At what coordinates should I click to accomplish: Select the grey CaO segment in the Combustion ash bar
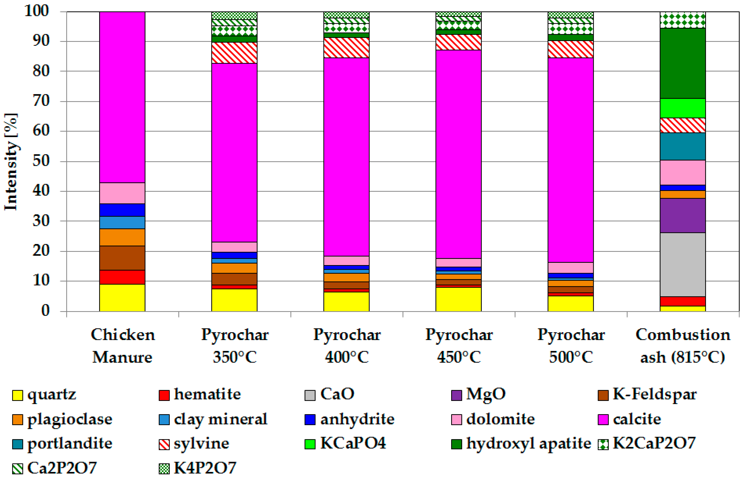point(683,264)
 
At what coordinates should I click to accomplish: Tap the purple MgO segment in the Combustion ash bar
point(683,215)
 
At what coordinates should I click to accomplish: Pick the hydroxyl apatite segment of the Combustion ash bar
point(683,63)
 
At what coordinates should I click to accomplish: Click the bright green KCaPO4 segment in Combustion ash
point(683,108)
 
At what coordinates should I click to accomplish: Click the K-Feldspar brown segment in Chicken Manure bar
point(122,258)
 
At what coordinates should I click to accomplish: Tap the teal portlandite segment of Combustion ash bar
point(683,146)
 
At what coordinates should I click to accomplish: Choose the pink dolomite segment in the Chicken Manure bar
point(122,193)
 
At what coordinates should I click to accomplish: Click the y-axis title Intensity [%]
point(11,162)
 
